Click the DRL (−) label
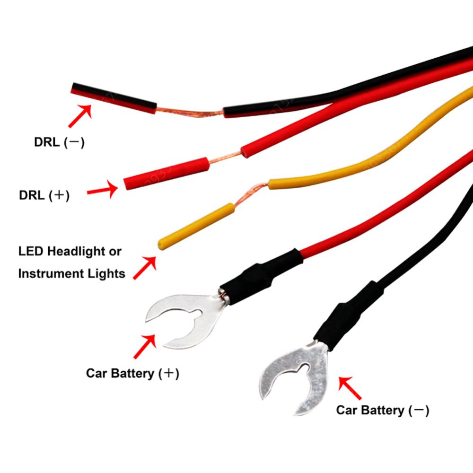click(59, 142)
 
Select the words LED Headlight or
click(70, 251)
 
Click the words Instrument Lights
click(71, 273)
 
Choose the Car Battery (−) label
click(382, 410)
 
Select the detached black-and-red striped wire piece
click(114, 97)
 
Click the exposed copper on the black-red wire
click(189, 112)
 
